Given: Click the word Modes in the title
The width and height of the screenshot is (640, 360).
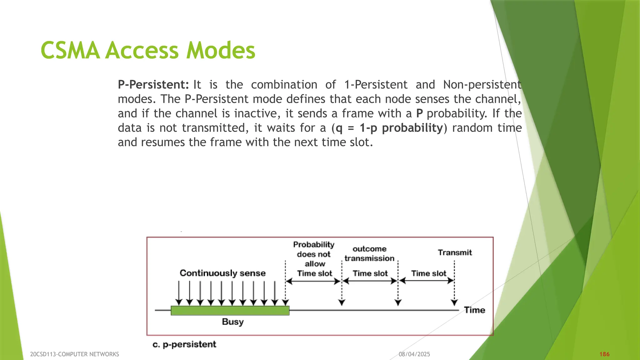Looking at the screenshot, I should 221,51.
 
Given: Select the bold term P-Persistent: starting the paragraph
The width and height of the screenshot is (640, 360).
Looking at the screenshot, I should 153,85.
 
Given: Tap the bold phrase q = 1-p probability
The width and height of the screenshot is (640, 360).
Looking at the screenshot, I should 389,128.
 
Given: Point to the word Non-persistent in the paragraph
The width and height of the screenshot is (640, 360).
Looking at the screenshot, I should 482,85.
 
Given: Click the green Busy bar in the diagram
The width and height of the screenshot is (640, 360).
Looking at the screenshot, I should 230,311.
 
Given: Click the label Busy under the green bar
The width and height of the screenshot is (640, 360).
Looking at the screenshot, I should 232,322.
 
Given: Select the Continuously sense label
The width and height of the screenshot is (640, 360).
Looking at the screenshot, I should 222,273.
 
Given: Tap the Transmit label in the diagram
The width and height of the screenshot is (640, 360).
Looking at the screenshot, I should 455,252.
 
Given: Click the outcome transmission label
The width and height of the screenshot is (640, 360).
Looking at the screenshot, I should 369,254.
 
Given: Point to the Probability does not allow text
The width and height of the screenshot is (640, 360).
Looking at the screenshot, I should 314,254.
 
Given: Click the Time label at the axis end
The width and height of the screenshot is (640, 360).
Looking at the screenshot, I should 474,310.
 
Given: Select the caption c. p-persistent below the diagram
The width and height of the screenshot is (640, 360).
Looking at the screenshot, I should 184,344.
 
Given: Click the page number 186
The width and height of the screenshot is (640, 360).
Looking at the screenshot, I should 604,354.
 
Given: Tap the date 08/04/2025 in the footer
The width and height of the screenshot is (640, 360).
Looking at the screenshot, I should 414,354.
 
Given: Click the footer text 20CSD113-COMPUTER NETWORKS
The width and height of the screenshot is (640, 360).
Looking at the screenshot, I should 74,354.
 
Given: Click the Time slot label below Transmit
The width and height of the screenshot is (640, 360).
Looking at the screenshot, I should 428,273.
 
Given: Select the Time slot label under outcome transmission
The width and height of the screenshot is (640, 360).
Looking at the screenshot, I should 370,273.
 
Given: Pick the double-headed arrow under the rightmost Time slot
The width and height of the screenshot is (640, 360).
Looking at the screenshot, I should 427,281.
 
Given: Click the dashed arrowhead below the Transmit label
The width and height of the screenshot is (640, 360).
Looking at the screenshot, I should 454,302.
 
